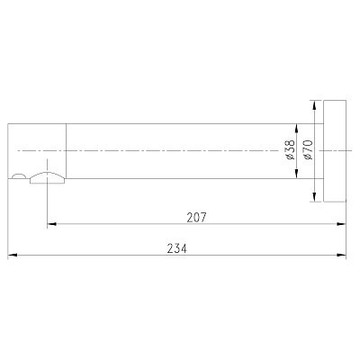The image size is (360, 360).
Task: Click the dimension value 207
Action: [x=197, y=217]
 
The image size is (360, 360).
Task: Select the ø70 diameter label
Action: [x=308, y=149]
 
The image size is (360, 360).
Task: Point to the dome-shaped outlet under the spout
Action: [x=47, y=176]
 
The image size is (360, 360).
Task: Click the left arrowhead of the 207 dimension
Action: [x=52, y=224]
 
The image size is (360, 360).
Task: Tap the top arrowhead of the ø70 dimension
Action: [x=314, y=103]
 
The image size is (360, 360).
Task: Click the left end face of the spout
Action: [x=8, y=149]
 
